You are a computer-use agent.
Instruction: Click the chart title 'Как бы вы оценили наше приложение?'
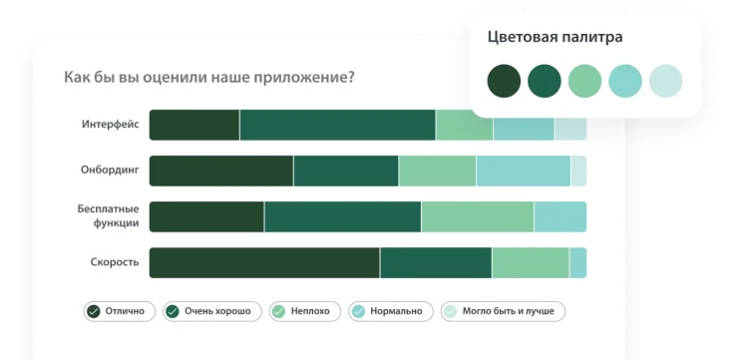point(208,77)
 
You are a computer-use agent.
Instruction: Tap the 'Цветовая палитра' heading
point(555,38)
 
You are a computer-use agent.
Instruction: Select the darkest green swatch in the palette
point(504,81)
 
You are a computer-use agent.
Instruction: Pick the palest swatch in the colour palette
point(665,81)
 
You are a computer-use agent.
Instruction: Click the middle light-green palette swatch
point(584,81)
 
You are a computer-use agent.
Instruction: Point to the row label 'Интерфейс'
point(110,125)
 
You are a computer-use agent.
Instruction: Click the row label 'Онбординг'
point(109,171)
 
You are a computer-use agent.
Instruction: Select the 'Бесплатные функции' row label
point(108,216)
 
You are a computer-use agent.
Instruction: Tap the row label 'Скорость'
point(115,262)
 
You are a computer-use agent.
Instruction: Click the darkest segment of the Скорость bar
point(264,262)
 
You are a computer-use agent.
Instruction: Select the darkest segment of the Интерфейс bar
point(194,125)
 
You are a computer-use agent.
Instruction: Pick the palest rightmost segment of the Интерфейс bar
point(570,125)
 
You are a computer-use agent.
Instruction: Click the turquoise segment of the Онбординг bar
point(523,171)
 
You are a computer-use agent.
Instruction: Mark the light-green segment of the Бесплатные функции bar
point(477,216)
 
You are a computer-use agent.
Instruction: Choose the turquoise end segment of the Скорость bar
point(577,262)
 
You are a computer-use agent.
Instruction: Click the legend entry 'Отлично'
point(118,311)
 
